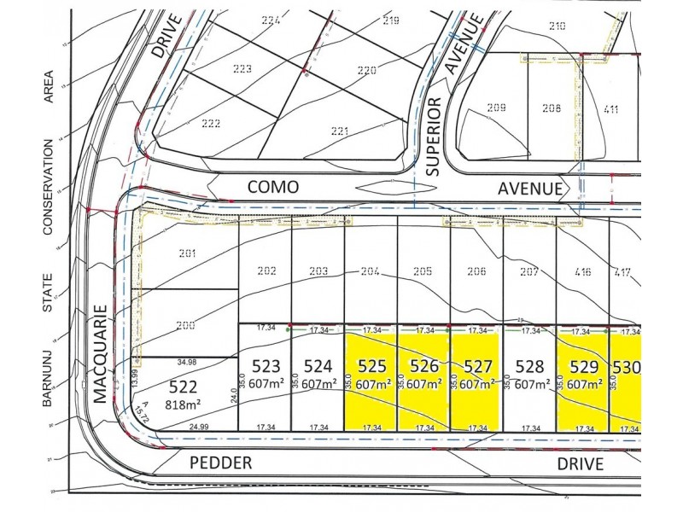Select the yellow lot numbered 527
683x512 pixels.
point(476,375)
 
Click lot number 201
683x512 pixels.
point(188,253)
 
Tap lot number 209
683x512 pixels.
point(496,108)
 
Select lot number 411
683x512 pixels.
point(610,108)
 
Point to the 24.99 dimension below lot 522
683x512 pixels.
point(198,427)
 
